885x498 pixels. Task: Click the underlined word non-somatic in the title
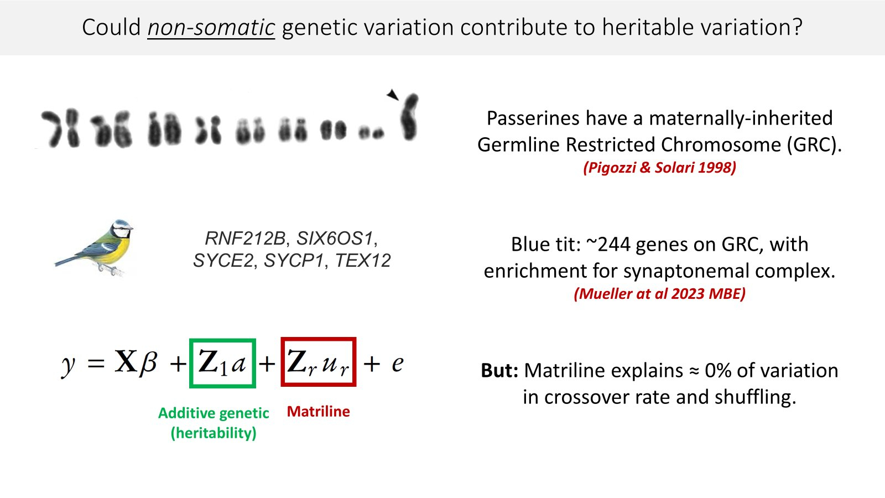(x=211, y=27)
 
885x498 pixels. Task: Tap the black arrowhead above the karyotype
(x=392, y=95)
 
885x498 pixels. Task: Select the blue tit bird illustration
(x=95, y=247)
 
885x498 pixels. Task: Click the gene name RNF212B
(x=244, y=238)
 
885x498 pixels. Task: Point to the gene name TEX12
(x=363, y=261)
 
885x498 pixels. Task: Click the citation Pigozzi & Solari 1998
(x=659, y=168)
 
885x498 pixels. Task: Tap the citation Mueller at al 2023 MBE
(x=659, y=294)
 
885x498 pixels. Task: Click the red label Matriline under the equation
(x=319, y=412)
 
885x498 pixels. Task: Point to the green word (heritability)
(x=214, y=433)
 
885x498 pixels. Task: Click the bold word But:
(x=499, y=371)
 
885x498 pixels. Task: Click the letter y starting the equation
(x=68, y=365)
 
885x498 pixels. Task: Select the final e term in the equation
(x=398, y=364)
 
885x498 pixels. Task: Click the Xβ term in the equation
(x=136, y=361)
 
